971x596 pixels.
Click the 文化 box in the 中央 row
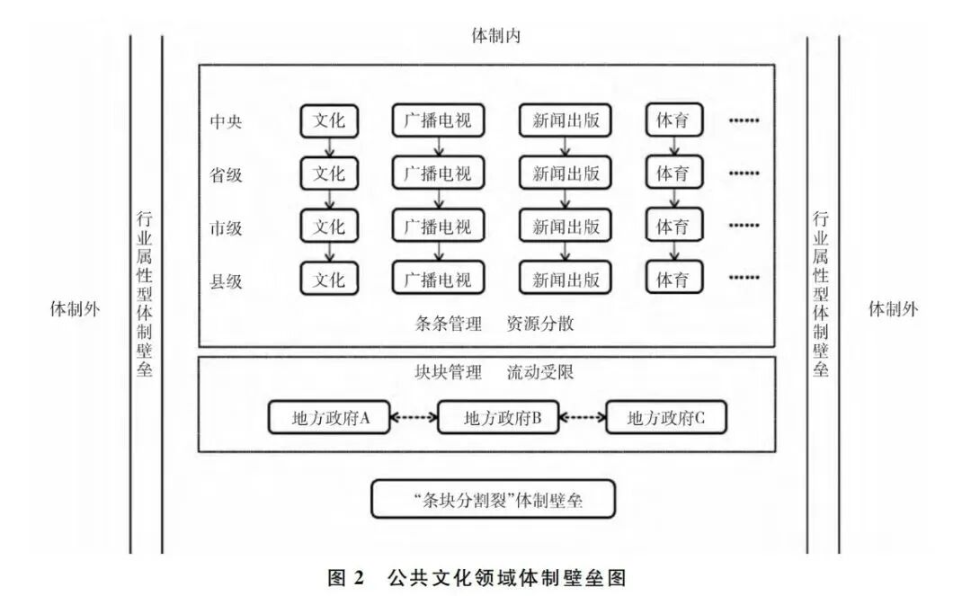pyautogui.click(x=329, y=120)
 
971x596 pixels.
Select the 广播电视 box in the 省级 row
pyautogui.click(x=438, y=173)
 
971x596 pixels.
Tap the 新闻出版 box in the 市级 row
pyautogui.click(x=566, y=227)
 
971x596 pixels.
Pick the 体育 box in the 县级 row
pyautogui.click(x=673, y=280)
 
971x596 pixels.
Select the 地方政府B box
pyautogui.click(x=497, y=418)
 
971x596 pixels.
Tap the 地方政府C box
pyautogui.click(x=665, y=418)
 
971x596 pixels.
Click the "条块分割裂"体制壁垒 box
pyautogui.click(x=494, y=499)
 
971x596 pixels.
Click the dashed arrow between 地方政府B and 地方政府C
pyautogui.click(x=582, y=418)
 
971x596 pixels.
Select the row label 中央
pyautogui.click(x=226, y=120)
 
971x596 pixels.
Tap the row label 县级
pyautogui.click(x=226, y=280)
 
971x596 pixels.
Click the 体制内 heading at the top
pyautogui.click(x=496, y=37)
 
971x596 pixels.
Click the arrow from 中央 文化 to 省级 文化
pyautogui.click(x=329, y=146)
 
